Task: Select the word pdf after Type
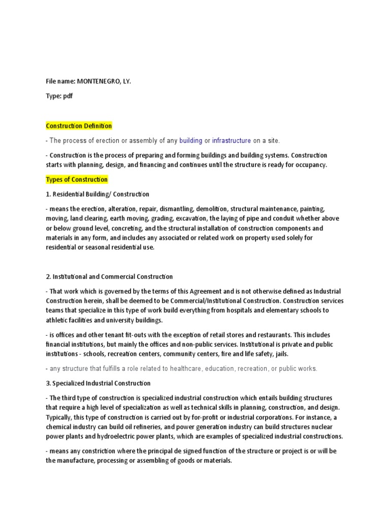(68, 96)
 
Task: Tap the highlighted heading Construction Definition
(79, 126)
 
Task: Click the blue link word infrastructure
(231, 141)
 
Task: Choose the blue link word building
(190, 141)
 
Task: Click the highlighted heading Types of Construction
(77, 180)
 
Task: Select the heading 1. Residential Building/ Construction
(97, 194)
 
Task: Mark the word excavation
(191, 219)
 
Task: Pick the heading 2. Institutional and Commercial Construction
(109, 277)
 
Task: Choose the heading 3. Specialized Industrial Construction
(98, 383)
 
